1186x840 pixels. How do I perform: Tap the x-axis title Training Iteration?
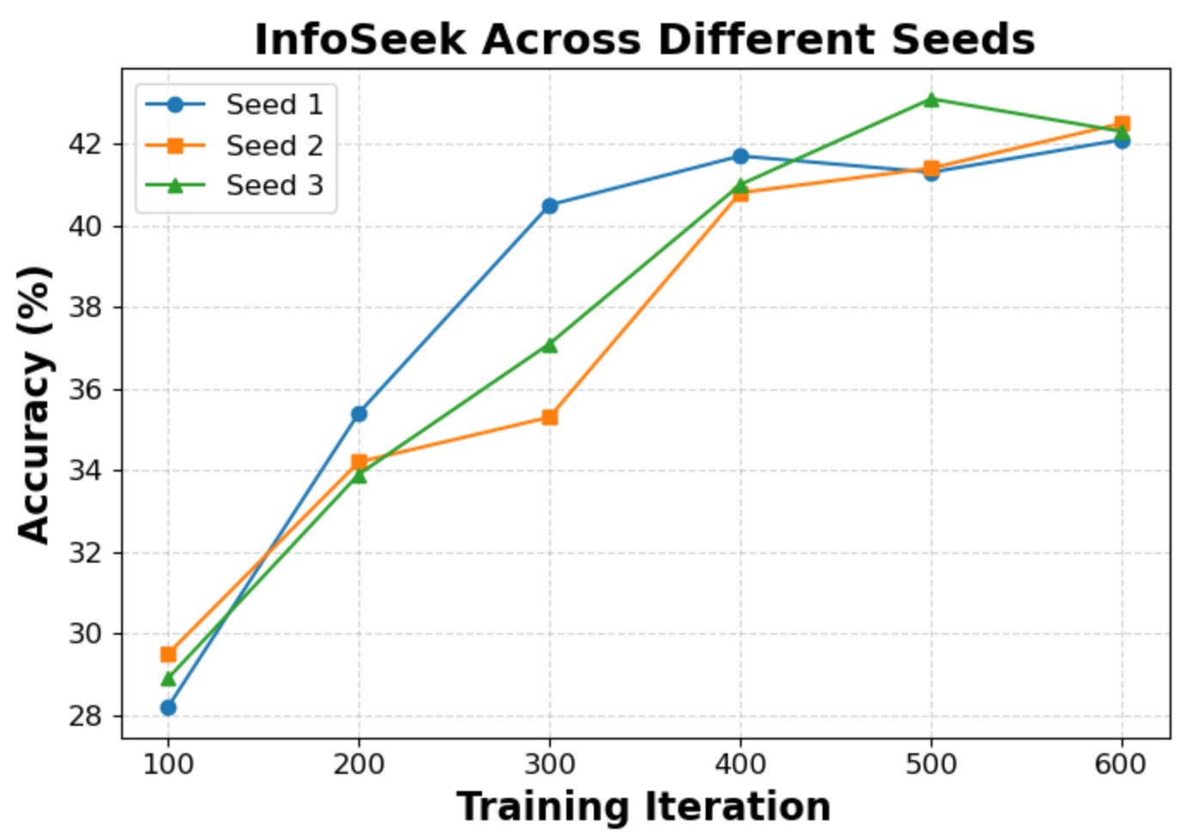tap(644, 807)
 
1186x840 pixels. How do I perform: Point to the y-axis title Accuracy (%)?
tap(35, 404)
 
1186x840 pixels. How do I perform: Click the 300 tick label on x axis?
tap(549, 764)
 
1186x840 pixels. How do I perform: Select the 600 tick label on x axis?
tap(1121, 764)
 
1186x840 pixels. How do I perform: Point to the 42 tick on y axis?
tap(85, 144)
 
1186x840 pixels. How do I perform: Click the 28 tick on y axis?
tap(85, 715)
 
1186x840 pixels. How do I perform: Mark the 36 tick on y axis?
tap(85, 389)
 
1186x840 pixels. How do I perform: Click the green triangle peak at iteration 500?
tap(931, 100)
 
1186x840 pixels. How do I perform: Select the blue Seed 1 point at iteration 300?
tap(550, 205)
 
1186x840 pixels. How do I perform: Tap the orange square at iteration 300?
tap(550, 417)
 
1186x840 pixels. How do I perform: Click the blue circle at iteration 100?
tap(168, 708)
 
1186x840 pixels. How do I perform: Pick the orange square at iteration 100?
tap(168, 654)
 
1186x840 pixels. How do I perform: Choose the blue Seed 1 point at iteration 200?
tap(359, 414)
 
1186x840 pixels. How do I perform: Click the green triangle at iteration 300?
tap(550, 345)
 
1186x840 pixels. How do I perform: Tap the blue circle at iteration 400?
tap(741, 156)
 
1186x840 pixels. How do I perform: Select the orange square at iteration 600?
tap(1122, 124)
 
